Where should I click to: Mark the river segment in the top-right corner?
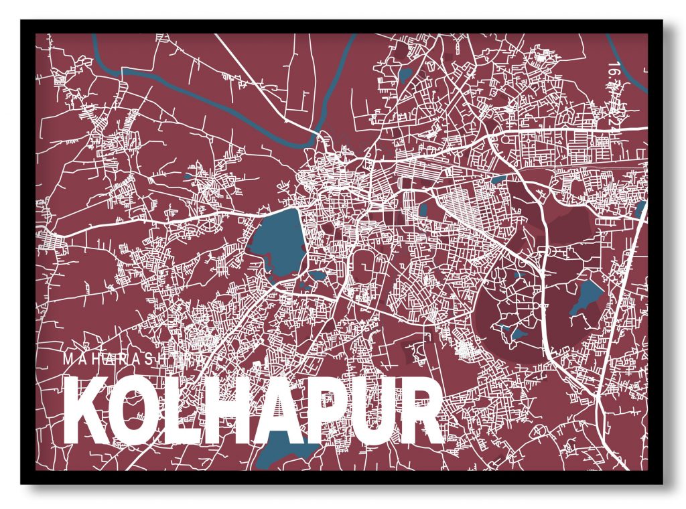pos(630,67)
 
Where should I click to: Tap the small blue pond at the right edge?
pos(640,210)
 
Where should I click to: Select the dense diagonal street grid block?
pos(469,208)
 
